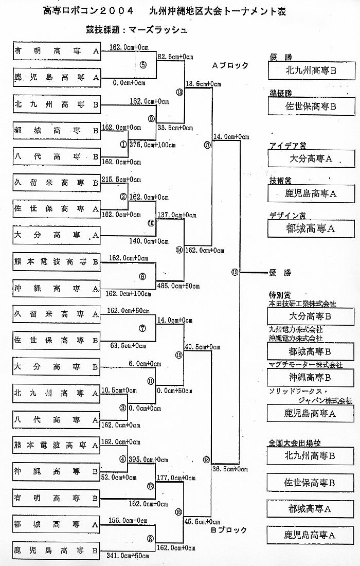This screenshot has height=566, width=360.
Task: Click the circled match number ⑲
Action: (x=235, y=273)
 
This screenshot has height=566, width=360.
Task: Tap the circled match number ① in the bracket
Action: (x=123, y=145)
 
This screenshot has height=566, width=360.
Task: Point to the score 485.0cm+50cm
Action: (x=178, y=286)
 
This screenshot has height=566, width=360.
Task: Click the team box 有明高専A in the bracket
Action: (x=57, y=51)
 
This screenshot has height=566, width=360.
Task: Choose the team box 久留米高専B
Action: (x=57, y=182)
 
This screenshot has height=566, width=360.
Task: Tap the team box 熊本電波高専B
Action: (x=57, y=262)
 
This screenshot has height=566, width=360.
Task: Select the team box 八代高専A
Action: (x=57, y=420)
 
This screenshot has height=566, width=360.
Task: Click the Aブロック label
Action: (x=230, y=65)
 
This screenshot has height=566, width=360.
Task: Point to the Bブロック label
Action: (x=229, y=530)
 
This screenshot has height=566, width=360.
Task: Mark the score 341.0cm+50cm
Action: (x=128, y=556)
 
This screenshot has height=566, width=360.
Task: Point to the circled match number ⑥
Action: (x=142, y=276)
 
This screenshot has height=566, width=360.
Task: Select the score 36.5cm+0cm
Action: (x=230, y=469)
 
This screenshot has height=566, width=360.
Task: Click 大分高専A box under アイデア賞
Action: (x=311, y=159)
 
